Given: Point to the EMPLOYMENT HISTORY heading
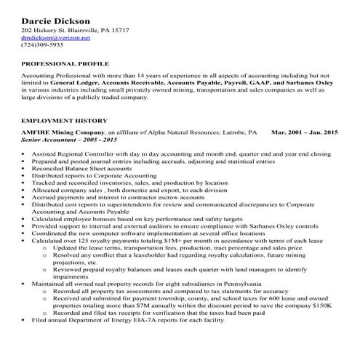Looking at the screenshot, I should (x=64, y=120).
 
